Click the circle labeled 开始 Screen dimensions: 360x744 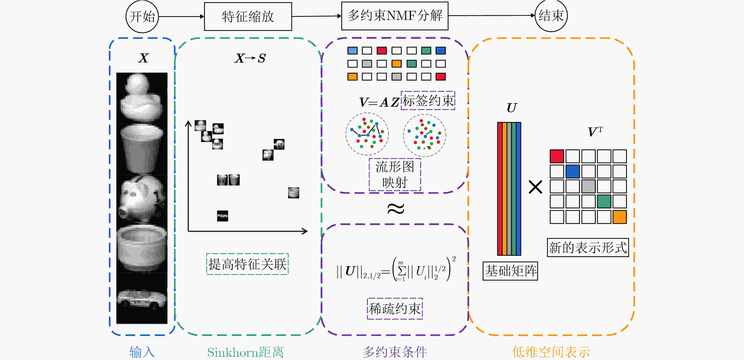(142, 17)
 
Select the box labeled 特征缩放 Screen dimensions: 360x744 (248, 17)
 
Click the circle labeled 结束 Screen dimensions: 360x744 (551, 16)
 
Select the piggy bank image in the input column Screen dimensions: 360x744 (142, 199)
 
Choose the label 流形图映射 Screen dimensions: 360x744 (394, 174)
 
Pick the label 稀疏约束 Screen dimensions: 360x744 (394, 309)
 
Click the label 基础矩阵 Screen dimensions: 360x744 (510, 271)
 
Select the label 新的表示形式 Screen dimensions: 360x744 (588, 248)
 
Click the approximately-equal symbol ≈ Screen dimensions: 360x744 (395, 209)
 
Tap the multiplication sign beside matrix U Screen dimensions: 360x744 (535, 187)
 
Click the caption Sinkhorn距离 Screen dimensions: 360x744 (245, 352)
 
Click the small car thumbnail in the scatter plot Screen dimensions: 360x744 (222, 216)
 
